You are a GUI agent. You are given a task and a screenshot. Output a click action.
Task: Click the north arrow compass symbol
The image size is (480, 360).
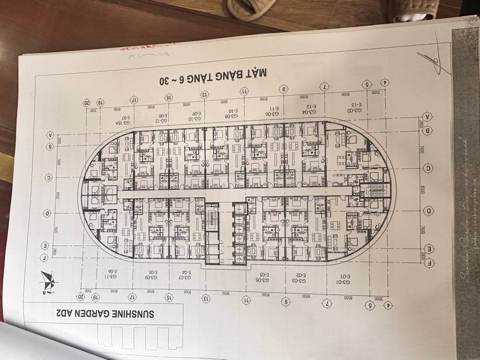pos(48,282)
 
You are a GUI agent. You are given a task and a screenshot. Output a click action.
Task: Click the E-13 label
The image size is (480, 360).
pos(357,105)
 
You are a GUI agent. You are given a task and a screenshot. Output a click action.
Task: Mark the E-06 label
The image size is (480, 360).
pos(112,271)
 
